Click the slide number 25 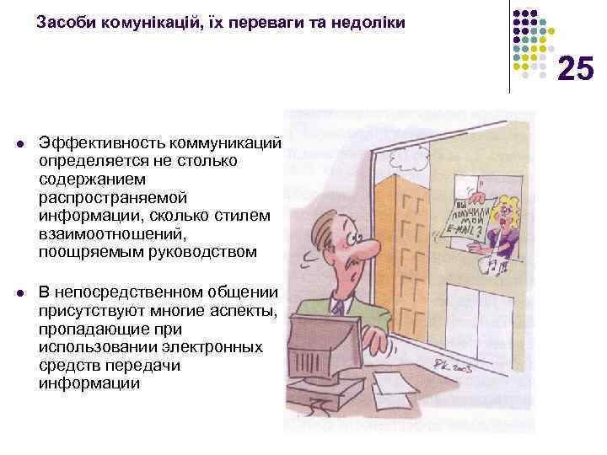(x=576, y=68)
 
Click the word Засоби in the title (x=62, y=24)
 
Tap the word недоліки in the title (x=370, y=24)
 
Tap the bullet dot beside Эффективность (x=20, y=142)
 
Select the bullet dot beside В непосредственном (x=20, y=292)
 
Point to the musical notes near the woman (x=492, y=268)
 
